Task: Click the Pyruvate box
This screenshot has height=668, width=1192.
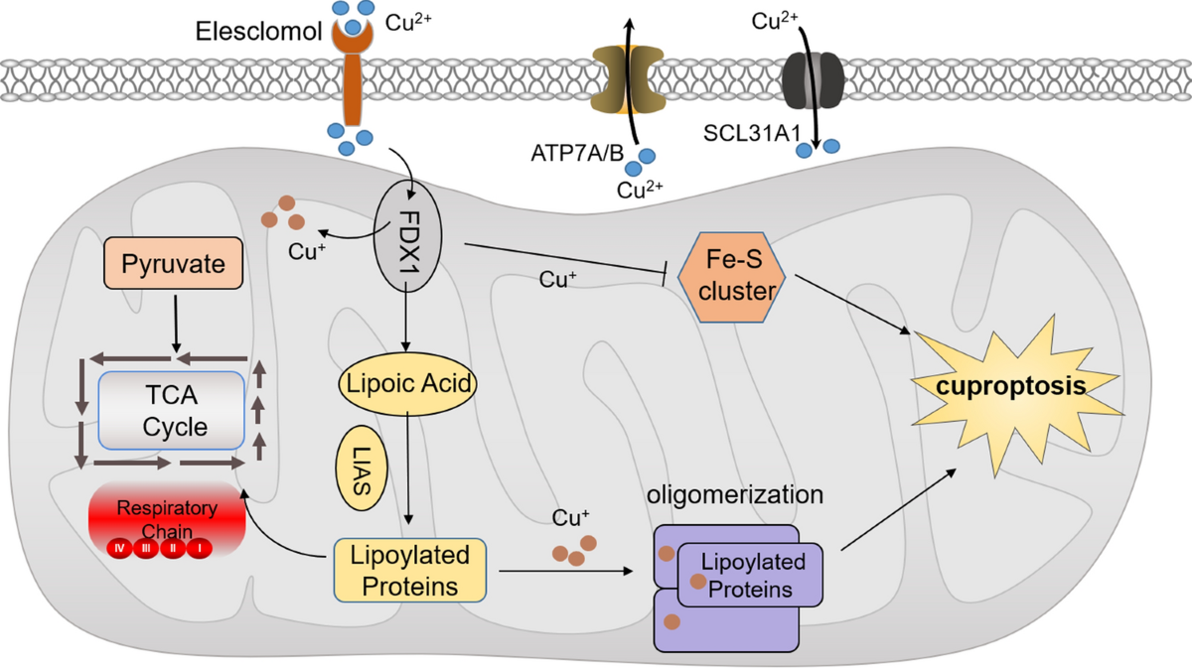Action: (x=174, y=263)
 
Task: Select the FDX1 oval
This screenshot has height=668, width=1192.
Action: (x=407, y=235)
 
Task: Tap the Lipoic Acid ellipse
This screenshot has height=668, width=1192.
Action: (x=407, y=383)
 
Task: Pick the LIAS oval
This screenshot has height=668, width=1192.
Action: (x=362, y=468)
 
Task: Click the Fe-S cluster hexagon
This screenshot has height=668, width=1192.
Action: (x=732, y=277)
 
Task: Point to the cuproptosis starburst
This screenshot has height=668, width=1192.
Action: (x=1011, y=394)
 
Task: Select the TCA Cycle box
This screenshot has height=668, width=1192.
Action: (x=171, y=411)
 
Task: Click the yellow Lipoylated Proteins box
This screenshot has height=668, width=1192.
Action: (x=409, y=570)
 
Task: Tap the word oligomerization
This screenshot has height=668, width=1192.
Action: (x=735, y=494)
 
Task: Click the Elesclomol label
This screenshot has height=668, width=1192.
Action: (x=258, y=32)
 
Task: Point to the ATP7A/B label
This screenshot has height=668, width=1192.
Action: (x=577, y=153)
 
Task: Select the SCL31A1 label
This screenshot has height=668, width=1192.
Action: (x=752, y=133)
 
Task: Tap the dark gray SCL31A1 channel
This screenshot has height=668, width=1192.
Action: (x=813, y=79)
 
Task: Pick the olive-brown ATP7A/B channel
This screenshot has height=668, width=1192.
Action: (x=628, y=79)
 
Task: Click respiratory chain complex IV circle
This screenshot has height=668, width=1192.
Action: (x=120, y=548)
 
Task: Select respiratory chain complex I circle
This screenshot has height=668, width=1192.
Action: (x=200, y=548)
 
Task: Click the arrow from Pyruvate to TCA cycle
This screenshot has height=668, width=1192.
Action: (x=176, y=324)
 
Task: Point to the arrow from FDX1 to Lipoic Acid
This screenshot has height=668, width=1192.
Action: (x=405, y=317)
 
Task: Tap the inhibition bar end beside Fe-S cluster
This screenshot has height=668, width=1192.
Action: (x=666, y=273)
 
